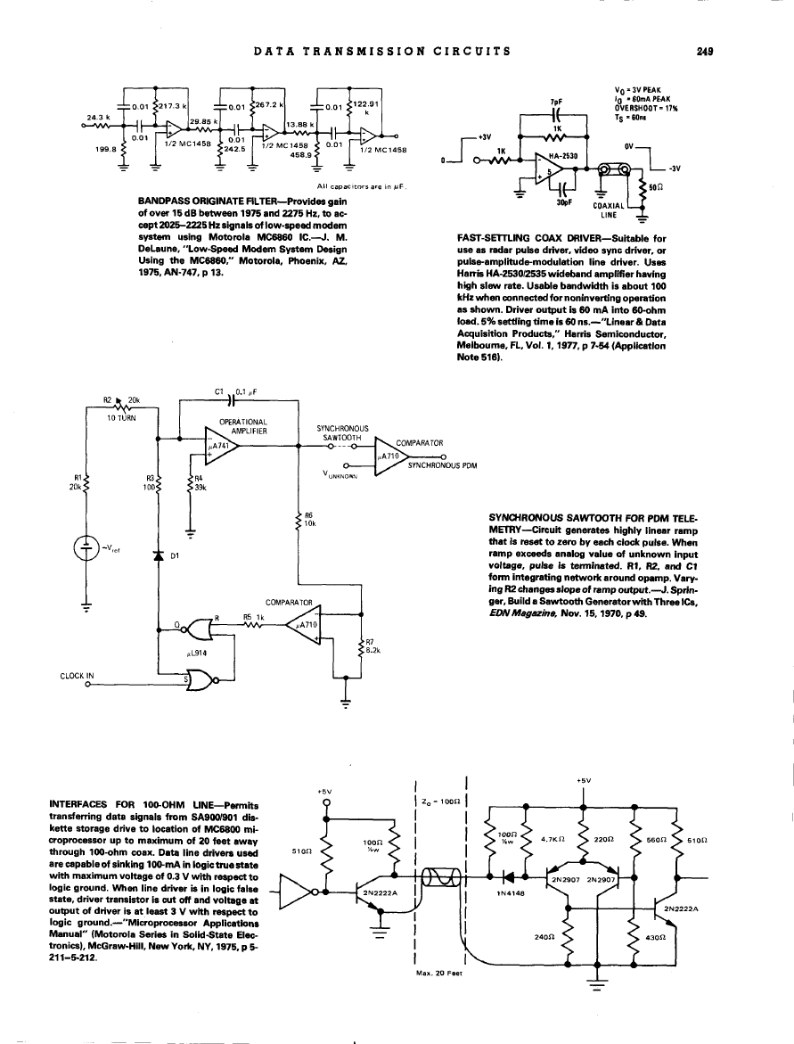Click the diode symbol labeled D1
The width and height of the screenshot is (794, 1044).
159,556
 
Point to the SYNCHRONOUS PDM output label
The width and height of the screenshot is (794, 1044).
443,465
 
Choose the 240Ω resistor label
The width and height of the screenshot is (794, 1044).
544,937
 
